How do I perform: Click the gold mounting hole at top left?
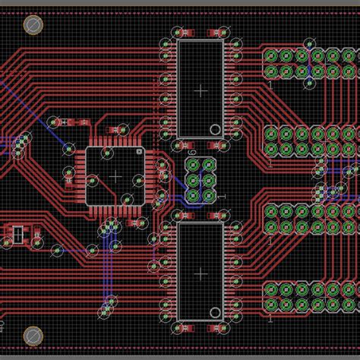click(x=33, y=26)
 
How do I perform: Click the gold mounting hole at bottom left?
click(x=33, y=335)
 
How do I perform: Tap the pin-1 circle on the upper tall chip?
click(x=215, y=130)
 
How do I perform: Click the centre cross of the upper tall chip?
click(x=201, y=90)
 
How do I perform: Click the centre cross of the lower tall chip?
click(x=201, y=272)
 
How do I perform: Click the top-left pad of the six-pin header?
click(x=193, y=165)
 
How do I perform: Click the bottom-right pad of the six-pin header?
click(x=209, y=196)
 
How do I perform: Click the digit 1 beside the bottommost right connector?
click(x=270, y=319)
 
